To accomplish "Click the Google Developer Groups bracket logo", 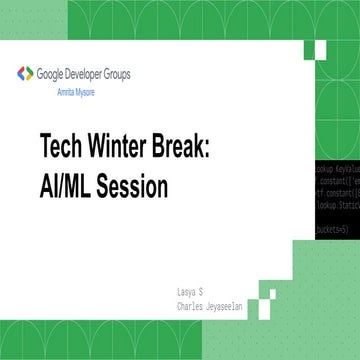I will [25, 74].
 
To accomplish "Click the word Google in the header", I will [51, 74].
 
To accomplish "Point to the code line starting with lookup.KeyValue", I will [336, 171].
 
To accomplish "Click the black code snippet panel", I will [336, 200].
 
